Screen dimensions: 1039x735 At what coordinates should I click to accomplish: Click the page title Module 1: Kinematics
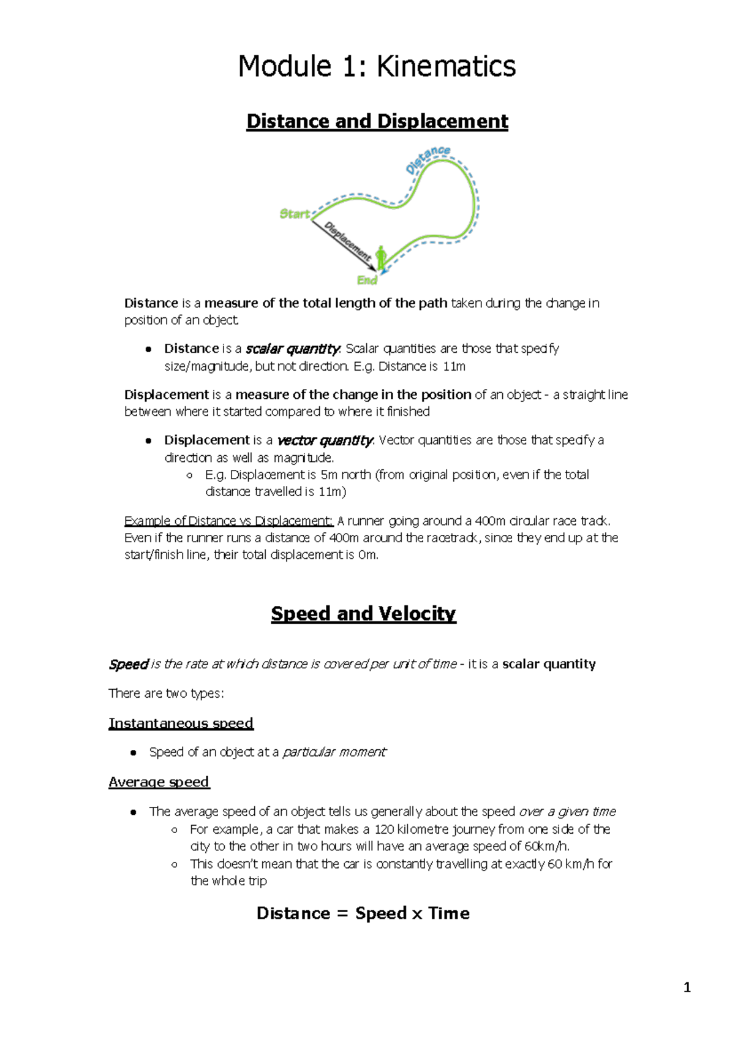tap(377, 66)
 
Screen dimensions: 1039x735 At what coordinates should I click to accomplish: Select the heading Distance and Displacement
tap(377, 121)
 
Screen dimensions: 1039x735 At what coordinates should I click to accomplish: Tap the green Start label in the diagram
tap(295, 214)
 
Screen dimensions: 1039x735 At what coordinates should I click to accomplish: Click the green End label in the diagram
tap(367, 280)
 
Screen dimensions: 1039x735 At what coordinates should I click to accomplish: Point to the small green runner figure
tap(381, 257)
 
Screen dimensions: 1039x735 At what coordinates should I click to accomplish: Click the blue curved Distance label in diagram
tap(428, 159)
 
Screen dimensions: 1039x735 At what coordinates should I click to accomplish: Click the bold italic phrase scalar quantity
tap(292, 349)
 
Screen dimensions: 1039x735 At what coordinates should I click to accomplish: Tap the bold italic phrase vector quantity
tap(325, 440)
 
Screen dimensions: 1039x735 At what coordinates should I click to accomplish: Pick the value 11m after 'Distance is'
tap(454, 366)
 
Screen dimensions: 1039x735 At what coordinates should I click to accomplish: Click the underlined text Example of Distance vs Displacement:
tap(228, 521)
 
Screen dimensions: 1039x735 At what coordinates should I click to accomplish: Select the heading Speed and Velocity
tap(363, 613)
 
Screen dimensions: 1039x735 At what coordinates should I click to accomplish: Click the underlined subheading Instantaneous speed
tap(181, 724)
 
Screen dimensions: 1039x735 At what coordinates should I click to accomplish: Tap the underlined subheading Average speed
tap(159, 782)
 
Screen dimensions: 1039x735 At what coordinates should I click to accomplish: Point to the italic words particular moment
tap(334, 752)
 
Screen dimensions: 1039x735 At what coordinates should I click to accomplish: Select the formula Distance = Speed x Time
tap(363, 913)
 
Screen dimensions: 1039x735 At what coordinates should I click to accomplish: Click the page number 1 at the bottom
tap(687, 988)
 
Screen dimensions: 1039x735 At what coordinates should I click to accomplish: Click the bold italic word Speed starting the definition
tap(129, 665)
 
